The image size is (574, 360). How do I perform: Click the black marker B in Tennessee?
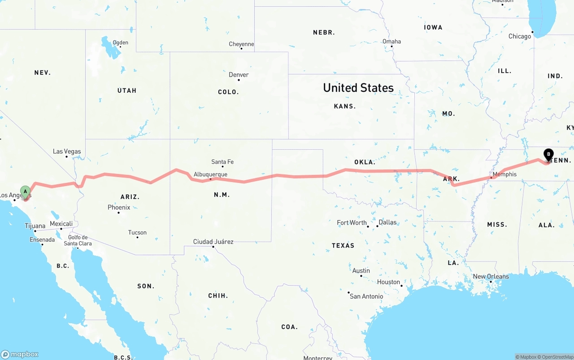pyautogui.click(x=548, y=155)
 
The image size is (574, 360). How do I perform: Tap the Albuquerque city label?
pyautogui.click(x=210, y=174)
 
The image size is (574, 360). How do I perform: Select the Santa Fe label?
pyautogui.click(x=222, y=162)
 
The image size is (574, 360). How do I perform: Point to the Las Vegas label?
pyautogui.click(x=67, y=152)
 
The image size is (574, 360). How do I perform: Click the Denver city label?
pyautogui.click(x=239, y=75)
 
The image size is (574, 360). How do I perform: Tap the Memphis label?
pyautogui.click(x=504, y=174)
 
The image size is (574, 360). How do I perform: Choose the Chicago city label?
pyautogui.click(x=520, y=36)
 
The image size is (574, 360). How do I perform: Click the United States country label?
pyautogui.click(x=358, y=87)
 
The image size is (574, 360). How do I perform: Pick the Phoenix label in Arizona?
pyautogui.click(x=119, y=208)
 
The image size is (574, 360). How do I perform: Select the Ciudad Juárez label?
pyautogui.click(x=213, y=242)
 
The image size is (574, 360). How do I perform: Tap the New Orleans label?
pyautogui.click(x=491, y=277)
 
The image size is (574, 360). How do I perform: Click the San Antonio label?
pyautogui.click(x=366, y=296)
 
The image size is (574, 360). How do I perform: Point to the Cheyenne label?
pyautogui.click(x=241, y=44)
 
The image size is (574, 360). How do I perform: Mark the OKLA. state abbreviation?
pyautogui.click(x=365, y=162)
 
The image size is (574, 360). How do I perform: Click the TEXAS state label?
pyautogui.click(x=343, y=246)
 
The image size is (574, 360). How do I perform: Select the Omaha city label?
pyautogui.click(x=391, y=41)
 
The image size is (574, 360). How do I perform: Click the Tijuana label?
pyautogui.click(x=35, y=226)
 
